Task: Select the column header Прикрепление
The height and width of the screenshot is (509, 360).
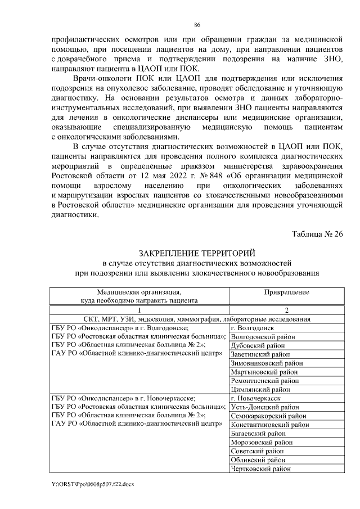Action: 286,292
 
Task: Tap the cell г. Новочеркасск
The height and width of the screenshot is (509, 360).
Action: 256,398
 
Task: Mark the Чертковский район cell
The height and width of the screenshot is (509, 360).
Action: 262,469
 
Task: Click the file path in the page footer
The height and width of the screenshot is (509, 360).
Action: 92,484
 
